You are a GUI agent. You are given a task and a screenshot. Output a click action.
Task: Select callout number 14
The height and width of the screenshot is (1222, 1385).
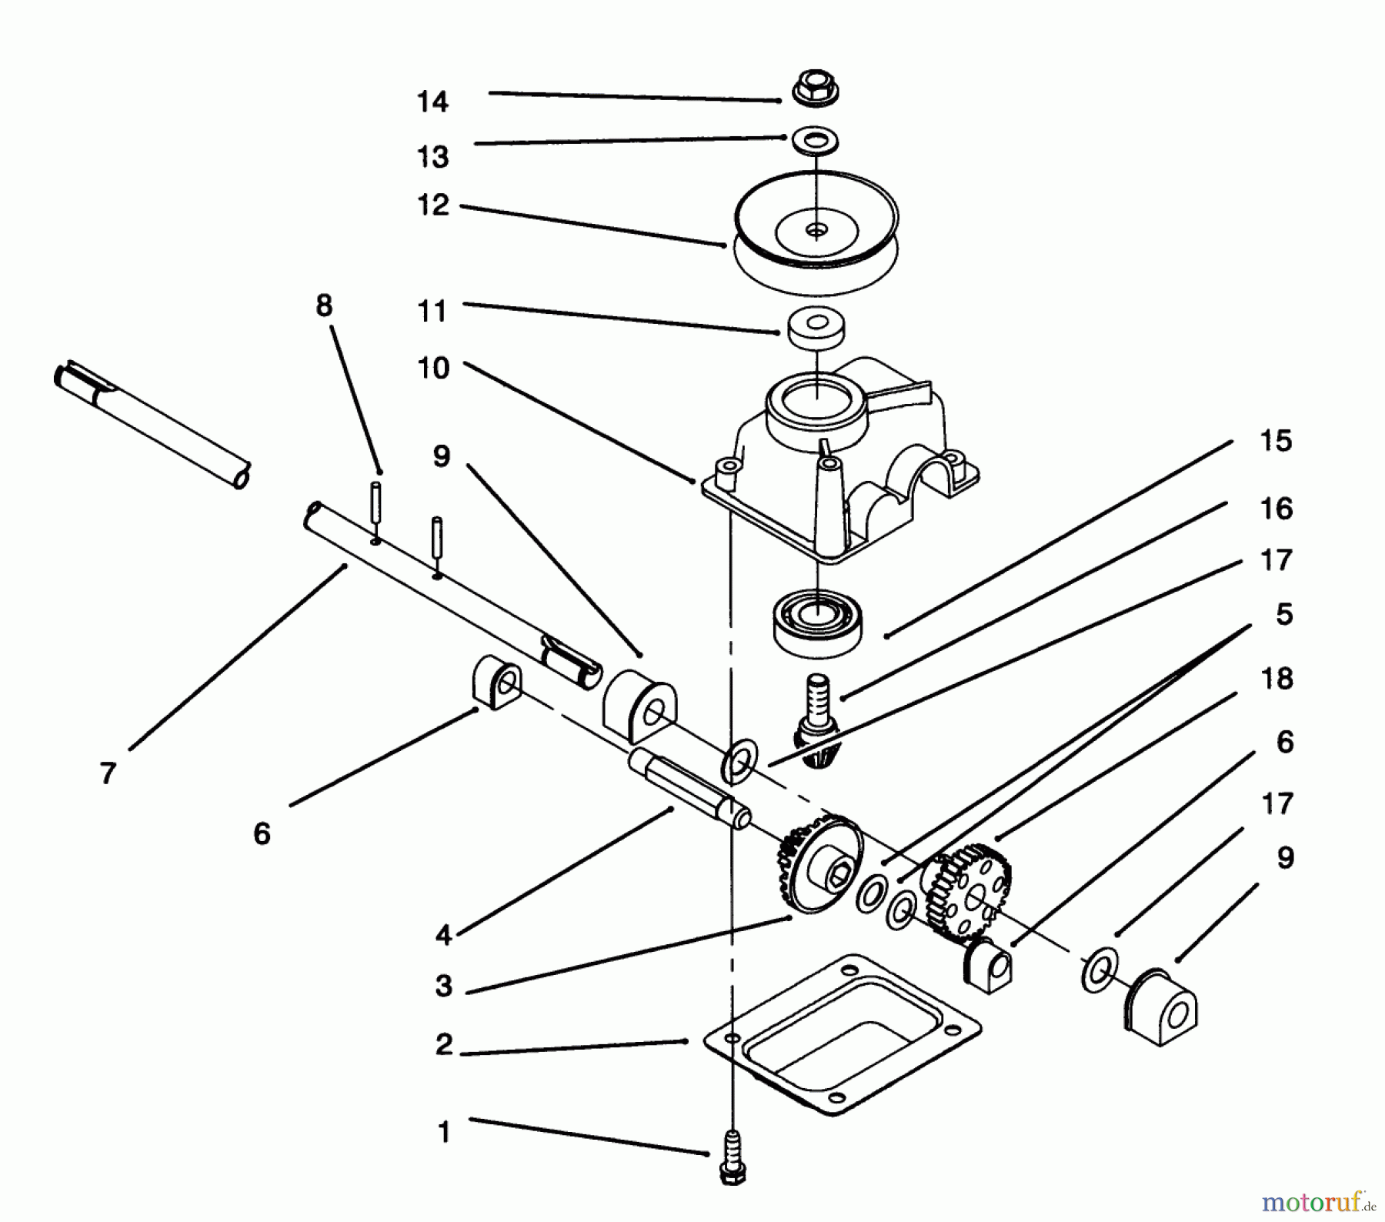pyautogui.click(x=432, y=102)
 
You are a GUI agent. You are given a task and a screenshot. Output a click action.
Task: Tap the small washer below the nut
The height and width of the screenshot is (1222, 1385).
pyautogui.click(x=815, y=141)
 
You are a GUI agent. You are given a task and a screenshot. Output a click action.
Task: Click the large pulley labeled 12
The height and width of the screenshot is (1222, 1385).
pyautogui.click(x=816, y=232)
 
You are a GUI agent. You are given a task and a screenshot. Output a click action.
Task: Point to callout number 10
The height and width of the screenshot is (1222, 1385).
pyautogui.click(x=432, y=369)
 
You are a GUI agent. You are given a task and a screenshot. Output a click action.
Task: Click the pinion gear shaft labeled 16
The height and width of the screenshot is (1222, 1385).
pyautogui.click(x=817, y=696)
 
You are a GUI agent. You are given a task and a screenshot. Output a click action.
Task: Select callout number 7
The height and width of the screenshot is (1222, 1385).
pyautogui.click(x=107, y=772)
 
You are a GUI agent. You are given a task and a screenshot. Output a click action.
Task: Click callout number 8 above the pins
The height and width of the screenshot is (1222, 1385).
pyautogui.click(x=324, y=305)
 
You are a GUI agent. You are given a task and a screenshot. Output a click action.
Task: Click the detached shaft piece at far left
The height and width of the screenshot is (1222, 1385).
pyautogui.click(x=150, y=422)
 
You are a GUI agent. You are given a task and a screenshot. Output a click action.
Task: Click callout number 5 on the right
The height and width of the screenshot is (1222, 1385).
pyautogui.click(x=1283, y=615)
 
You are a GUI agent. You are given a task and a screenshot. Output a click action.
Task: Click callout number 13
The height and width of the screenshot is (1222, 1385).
pyautogui.click(x=432, y=157)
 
